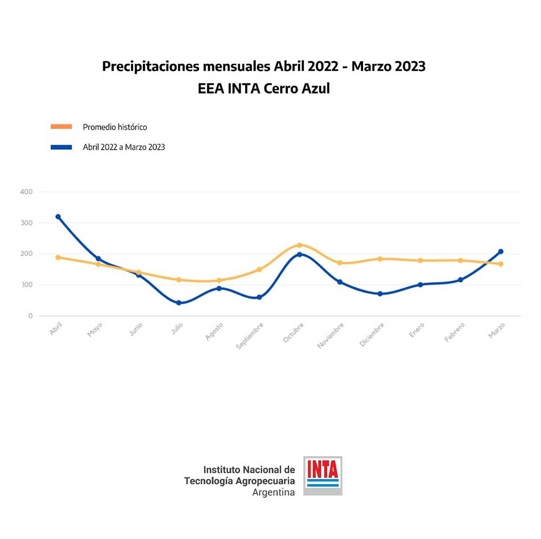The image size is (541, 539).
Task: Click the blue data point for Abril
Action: tap(58, 217)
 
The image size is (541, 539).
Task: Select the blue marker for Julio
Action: tap(179, 303)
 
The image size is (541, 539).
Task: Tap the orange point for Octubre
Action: tap(300, 245)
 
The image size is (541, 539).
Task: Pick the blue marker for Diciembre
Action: tap(380, 294)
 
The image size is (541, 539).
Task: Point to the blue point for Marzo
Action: tap(501, 251)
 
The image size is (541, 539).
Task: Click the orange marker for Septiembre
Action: tap(259, 269)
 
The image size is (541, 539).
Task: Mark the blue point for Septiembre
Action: tap(259, 297)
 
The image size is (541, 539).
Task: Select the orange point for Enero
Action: tap(420, 261)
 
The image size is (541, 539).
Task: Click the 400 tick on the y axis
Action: tap(26, 192)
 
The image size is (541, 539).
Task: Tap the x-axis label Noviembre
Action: tap(331, 335)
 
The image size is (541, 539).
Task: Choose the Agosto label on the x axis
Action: tap(214, 331)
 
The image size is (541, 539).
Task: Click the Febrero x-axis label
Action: tap(454, 332)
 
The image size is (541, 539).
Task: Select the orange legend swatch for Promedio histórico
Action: tap(61, 127)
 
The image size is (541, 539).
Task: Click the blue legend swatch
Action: tap(61, 147)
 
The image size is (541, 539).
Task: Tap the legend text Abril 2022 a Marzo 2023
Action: tap(124, 147)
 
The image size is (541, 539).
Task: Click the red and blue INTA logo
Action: tap(322, 475)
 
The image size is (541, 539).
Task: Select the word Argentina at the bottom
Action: tap(273, 493)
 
